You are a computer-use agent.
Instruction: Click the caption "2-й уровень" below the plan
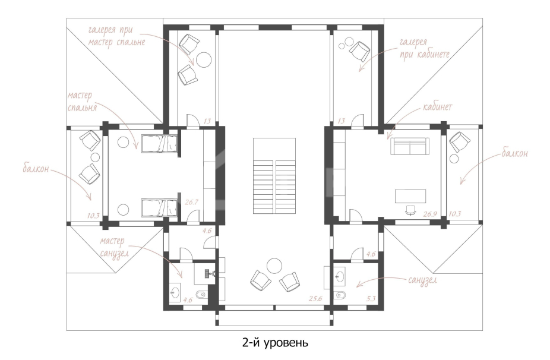click(x=275, y=342)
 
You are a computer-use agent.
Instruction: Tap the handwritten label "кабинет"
click(x=437, y=107)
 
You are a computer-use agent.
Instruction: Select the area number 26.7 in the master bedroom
click(x=191, y=202)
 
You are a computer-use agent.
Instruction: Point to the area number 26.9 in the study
click(x=429, y=214)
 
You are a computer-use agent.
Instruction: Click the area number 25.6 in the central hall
click(x=315, y=299)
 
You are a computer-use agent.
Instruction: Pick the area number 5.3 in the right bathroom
click(x=371, y=299)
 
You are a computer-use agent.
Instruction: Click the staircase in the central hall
click(x=274, y=176)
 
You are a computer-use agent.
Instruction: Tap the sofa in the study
click(x=410, y=146)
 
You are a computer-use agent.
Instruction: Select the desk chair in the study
click(x=410, y=210)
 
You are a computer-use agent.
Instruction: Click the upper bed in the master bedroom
click(x=159, y=144)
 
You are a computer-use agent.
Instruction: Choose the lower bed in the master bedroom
click(x=159, y=208)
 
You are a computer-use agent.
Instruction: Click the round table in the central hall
click(x=274, y=266)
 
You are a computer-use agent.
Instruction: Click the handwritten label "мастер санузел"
click(x=114, y=248)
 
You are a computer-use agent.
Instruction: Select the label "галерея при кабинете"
click(x=425, y=49)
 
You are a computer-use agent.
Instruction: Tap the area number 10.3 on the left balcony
click(x=93, y=216)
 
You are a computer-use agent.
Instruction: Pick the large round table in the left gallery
click(x=204, y=59)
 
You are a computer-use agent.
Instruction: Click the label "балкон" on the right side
click(x=514, y=153)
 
